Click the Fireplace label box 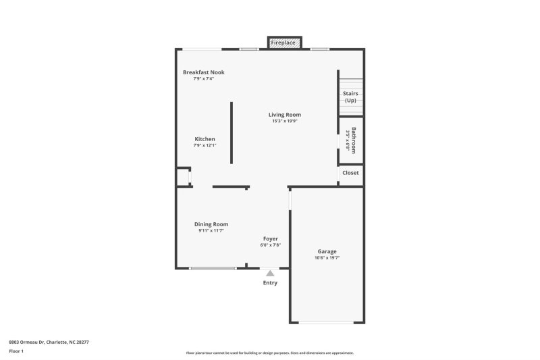pyautogui.click(x=283, y=43)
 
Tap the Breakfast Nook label pyautogui.click(x=203, y=72)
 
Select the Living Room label pyautogui.click(x=284, y=115)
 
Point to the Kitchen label pyautogui.click(x=205, y=139)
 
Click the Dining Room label pyautogui.click(x=211, y=224)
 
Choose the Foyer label pyautogui.click(x=270, y=238)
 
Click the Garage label pyautogui.click(x=327, y=251)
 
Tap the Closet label pyautogui.click(x=350, y=173)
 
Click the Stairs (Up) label pyautogui.click(x=350, y=97)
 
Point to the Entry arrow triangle pyautogui.click(x=270, y=273)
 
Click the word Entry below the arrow pyautogui.click(x=270, y=283)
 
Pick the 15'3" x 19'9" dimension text pyautogui.click(x=284, y=122)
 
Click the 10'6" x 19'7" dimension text pyautogui.click(x=327, y=258)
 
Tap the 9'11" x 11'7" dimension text pyautogui.click(x=211, y=231)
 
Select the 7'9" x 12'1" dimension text pyautogui.click(x=205, y=146)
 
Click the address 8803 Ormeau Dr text pyautogui.click(x=49, y=342)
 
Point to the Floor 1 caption pyautogui.click(x=16, y=351)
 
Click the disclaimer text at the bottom pyautogui.click(x=269, y=353)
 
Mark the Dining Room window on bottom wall pyautogui.click(x=213, y=268)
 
